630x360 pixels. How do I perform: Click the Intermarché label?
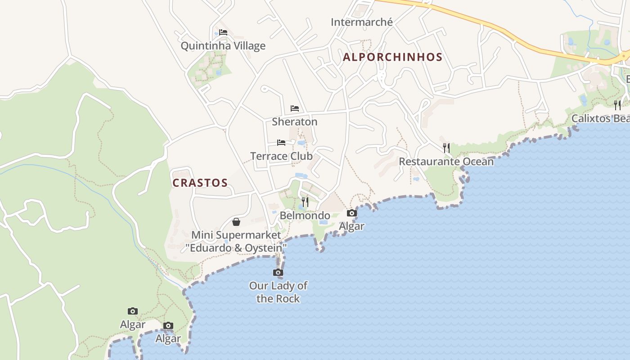361,22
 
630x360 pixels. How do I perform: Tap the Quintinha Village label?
223,46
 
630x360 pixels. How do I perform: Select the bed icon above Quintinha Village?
223,32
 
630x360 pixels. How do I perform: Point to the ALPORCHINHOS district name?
392,57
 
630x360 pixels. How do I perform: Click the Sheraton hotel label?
294,122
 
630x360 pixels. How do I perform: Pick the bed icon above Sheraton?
295,108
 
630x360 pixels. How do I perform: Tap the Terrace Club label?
281,156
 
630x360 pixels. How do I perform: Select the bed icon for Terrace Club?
281,143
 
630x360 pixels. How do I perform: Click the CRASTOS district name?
200,183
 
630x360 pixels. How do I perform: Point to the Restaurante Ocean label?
446,162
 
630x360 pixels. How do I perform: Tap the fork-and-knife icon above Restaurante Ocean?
446,148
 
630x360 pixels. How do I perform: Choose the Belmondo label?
305,216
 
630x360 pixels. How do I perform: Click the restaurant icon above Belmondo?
305,202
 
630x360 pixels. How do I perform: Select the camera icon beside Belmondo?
351,213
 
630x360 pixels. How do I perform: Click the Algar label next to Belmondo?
351,226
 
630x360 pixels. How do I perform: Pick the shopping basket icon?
236,222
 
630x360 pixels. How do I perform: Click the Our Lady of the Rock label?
278,292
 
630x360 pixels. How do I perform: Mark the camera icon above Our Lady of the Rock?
278,273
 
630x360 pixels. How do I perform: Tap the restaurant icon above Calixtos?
617,105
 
